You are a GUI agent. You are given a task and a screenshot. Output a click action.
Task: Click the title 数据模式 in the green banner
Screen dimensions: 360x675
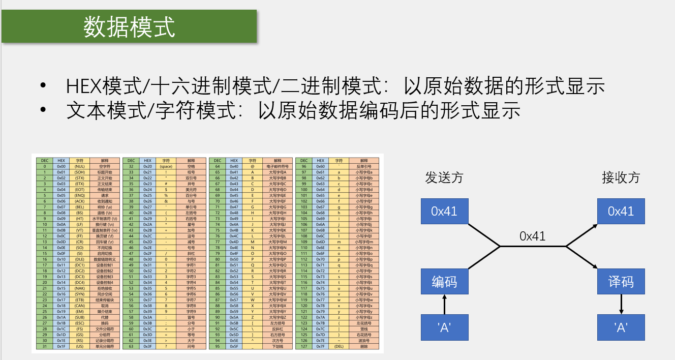pos(129,27)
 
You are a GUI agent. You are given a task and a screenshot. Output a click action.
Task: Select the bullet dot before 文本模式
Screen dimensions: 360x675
pos(44,110)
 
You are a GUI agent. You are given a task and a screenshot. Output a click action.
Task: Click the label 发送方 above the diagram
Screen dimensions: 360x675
pos(444,177)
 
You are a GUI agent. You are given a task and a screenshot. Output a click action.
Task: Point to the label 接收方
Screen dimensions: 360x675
pos(621,177)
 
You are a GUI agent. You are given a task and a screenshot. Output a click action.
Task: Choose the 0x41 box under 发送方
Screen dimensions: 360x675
pos(444,211)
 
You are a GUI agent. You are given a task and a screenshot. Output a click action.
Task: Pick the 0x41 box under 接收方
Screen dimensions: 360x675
pos(621,211)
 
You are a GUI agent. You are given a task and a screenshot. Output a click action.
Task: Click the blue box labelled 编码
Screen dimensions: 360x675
pos(444,282)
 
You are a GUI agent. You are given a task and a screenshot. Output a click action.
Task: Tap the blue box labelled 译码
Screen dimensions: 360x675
pos(621,282)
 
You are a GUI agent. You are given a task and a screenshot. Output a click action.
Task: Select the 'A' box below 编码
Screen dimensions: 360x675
pos(444,327)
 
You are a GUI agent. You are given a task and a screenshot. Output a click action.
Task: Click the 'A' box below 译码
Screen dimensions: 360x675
pos(621,327)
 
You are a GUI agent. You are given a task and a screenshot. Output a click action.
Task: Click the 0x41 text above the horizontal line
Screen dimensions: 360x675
pos(532,236)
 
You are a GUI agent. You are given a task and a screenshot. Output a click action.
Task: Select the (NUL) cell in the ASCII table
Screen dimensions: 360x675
pos(79,166)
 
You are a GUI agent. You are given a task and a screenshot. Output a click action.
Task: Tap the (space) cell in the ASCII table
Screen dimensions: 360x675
pos(166,166)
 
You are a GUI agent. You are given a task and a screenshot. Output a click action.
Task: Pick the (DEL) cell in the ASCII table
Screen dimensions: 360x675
pos(339,346)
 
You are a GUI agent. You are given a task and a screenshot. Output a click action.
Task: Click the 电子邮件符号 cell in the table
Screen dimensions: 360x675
pos(278,166)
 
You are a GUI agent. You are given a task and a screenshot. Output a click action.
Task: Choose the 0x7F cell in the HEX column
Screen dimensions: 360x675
pos(320,346)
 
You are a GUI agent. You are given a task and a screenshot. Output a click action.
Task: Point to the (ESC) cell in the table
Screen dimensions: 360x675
pos(79,323)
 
